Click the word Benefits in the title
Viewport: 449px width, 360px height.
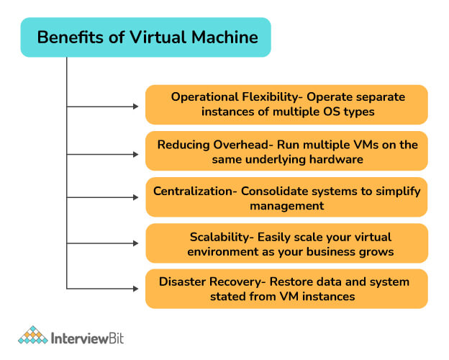(x=71, y=37)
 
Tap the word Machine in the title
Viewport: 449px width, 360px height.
(x=224, y=37)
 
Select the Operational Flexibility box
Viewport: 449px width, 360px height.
(x=286, y=104)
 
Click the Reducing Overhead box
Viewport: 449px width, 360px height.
(x=286, y=151)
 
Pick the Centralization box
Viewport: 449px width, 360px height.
(x=286, y=197)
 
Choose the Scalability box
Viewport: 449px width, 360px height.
(x=286, y=243)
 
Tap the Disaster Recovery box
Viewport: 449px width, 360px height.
(x=286, y=289)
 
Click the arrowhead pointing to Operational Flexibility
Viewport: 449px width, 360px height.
(x=136, y=107)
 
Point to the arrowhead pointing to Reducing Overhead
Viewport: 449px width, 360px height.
(x=136, y=155)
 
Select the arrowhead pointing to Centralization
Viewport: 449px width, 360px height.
(x=136, y=197)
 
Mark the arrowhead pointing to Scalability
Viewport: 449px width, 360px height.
(x=136, y=243)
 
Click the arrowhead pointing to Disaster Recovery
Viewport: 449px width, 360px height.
(x=136, y=289)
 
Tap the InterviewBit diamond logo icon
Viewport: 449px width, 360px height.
(x=33, y=335)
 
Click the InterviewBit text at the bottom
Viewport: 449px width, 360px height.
(x=87, y=338)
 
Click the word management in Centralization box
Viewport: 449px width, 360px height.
(x=287, y=206)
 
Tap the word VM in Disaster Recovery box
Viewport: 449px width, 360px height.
(x=289, y=297)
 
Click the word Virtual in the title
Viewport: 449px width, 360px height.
(x=158, y=37)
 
